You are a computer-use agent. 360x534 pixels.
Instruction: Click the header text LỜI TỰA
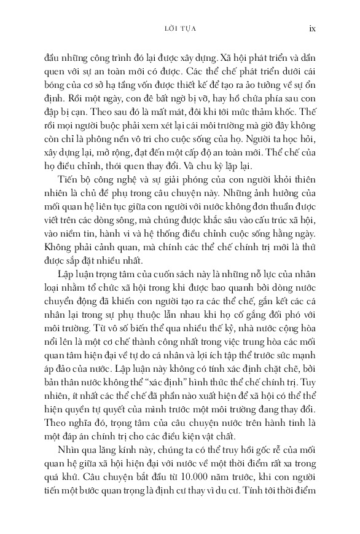pyautogui.click(x=179, y=28)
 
